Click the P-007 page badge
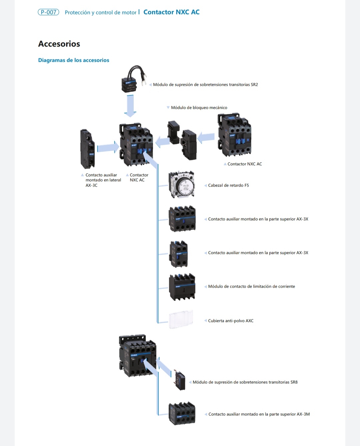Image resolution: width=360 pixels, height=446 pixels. (x=48, y=12)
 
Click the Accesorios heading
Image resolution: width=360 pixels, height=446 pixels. (x=59, y=44)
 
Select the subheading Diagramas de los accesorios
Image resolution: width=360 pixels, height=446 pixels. (x=74, y=60)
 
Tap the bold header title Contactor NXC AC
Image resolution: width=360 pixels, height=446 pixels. (x=171, y=12)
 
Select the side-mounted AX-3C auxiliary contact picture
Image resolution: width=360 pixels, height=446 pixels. (x=87, y=149)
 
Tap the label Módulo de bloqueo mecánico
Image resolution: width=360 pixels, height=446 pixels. (x=199, y=108)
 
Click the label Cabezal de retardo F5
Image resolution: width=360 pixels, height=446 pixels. (x=228, y=185)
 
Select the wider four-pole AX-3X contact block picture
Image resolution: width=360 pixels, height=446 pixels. (x=182, y=219)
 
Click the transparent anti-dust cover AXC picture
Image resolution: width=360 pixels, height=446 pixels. (x=181, y=320)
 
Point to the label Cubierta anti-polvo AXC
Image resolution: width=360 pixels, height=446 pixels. (x=231, y=321)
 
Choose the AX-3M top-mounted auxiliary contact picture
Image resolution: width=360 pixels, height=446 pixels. (x=182, y=414)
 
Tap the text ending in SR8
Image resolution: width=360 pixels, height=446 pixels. (x=245, y=382)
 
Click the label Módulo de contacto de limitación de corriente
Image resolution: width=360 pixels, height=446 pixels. (x=251, y=287)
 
